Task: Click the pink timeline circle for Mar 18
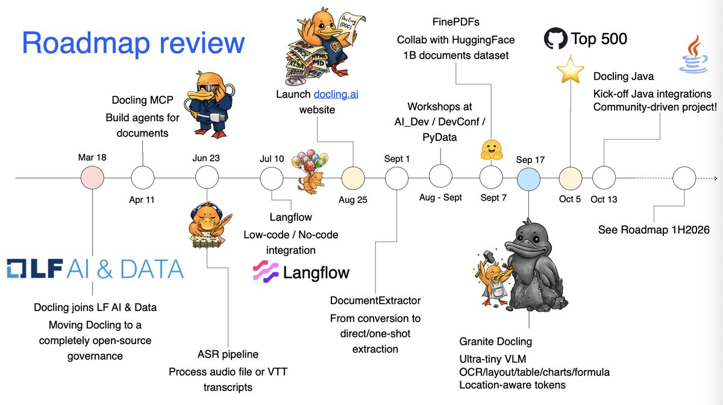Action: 93,178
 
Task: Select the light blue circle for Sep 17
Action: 528,178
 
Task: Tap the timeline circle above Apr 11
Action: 142,178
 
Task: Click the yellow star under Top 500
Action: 570,71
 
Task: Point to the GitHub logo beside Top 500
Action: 556,39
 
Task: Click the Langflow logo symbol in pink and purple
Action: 264,272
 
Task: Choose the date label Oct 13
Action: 604,199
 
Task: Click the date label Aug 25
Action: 353,199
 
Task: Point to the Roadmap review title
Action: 133,43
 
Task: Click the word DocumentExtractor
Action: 375,300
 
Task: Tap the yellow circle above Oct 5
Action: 570,178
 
